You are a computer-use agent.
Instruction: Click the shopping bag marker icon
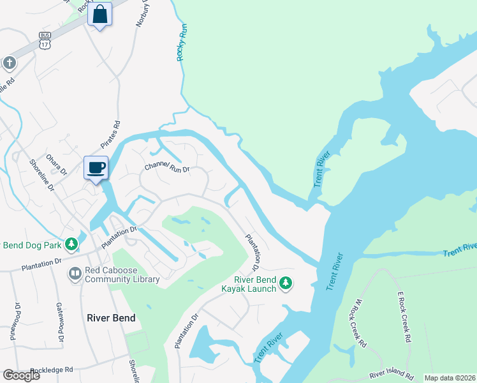100,13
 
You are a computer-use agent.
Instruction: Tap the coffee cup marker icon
96,168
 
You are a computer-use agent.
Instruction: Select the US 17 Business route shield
44,41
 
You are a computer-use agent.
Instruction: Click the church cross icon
9,63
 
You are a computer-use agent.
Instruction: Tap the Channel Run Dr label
168,168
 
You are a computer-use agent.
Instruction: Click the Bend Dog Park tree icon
72,244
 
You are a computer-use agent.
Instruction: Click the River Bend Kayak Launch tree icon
286,282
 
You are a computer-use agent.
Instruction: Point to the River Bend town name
111,317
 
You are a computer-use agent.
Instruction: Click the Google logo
21,375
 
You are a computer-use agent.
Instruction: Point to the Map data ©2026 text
450,378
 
